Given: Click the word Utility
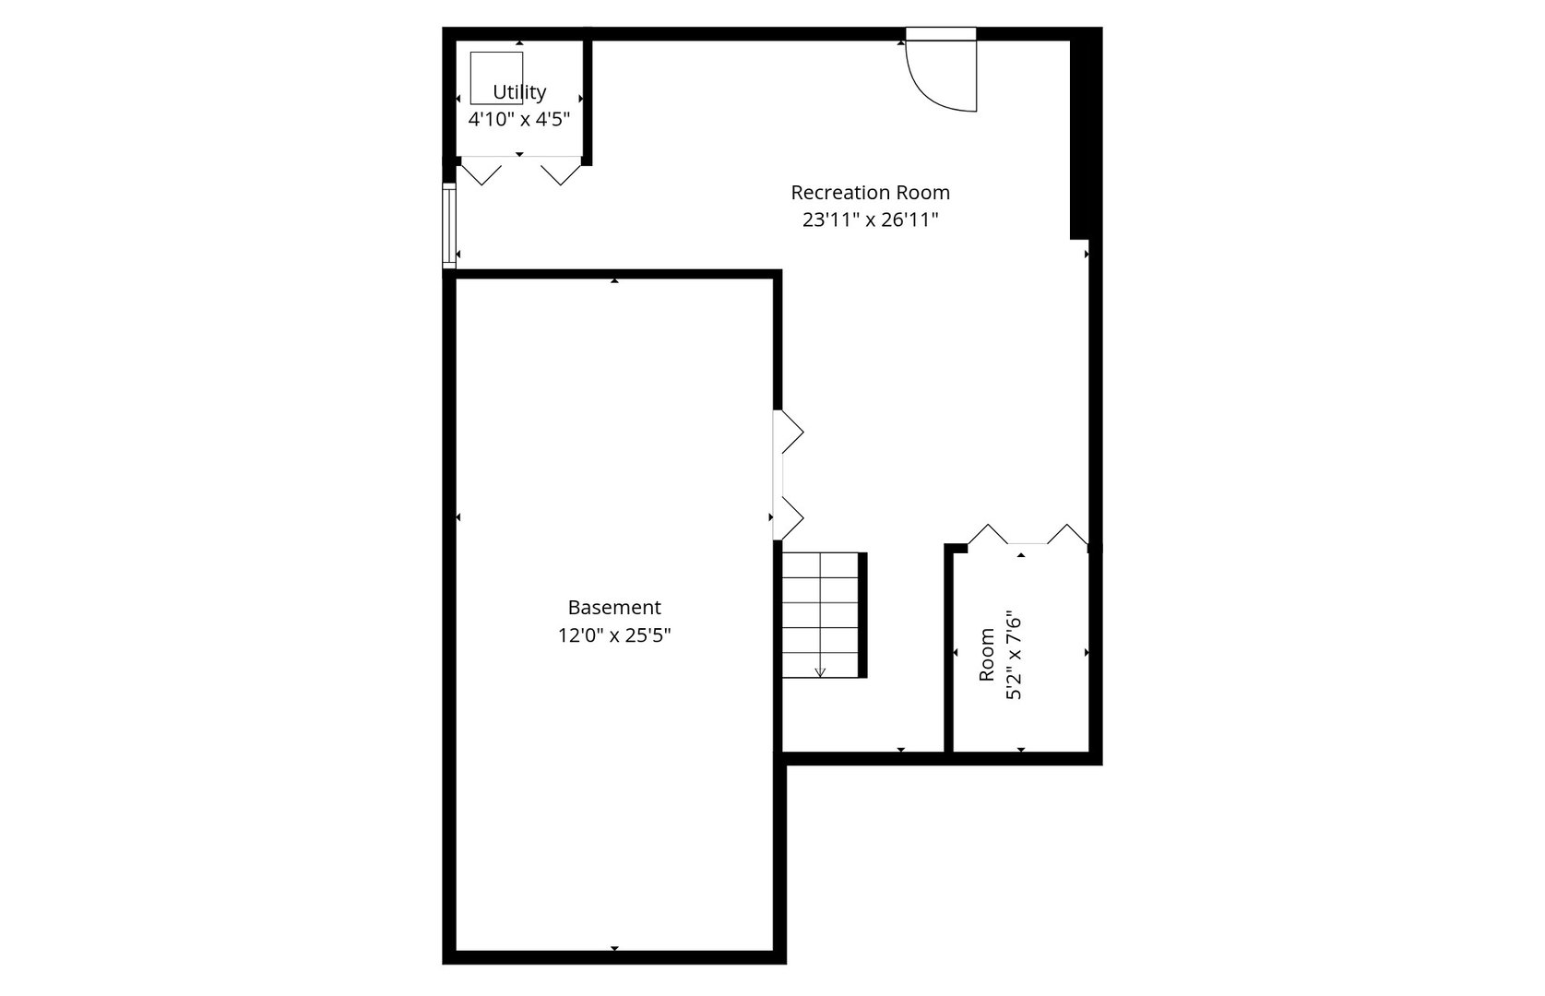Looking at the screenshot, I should click(x=519, y=92).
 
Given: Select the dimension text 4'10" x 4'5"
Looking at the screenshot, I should click(x=519, y=119).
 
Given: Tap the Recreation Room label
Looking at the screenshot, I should click(x=870, y=193).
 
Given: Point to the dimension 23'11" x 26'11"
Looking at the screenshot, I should click(x=870, y=219).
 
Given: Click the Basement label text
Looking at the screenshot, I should click(x=614, y=608).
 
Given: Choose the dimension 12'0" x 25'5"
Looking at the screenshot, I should click(x=614, y=635).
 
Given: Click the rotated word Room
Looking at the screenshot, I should click(x=987, y=655).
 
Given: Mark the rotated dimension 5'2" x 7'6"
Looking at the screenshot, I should click(x=1014, y=655).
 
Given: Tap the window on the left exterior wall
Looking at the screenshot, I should click(x=449, y=226).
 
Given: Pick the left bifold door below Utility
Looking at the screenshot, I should click(x=480, y=172).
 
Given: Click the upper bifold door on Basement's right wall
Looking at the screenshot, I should click(x=789, y=432).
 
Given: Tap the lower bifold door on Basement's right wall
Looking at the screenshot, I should click(x=789, y=517).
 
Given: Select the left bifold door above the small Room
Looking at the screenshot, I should click(x=988, y=534).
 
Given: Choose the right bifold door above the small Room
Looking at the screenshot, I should click(x=1068, y=534).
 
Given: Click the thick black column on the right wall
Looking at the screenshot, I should click(x=1085, y=134).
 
